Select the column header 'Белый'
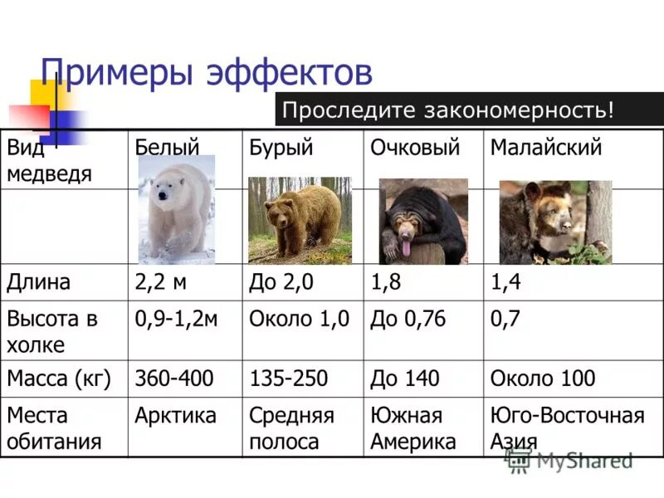pyautogui.click(x=167, y=149)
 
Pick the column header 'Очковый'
pyautogui.click(x=414, y=149)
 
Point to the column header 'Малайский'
pyautogui.click(x=545, y=149)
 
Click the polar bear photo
pyautogui.click(x=176, y=210)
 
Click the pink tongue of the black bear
pyautogui.click(x=406, y=247)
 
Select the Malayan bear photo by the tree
pyautogui.click(x=554, y=222)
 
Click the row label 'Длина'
pyautogui.click(x=39, y=282)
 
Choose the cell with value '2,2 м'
pyautogui.click(x=161, y=282)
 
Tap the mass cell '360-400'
pyautogui.click(x=173, y=379)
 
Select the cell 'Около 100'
pyautogui.click(x=542, y=379)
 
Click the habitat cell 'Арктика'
pyautogui.click(x=175, y=415)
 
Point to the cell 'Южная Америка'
pyautogui.click(x=413, y=428)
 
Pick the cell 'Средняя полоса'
pyautogui.click(x=291, y=428)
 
